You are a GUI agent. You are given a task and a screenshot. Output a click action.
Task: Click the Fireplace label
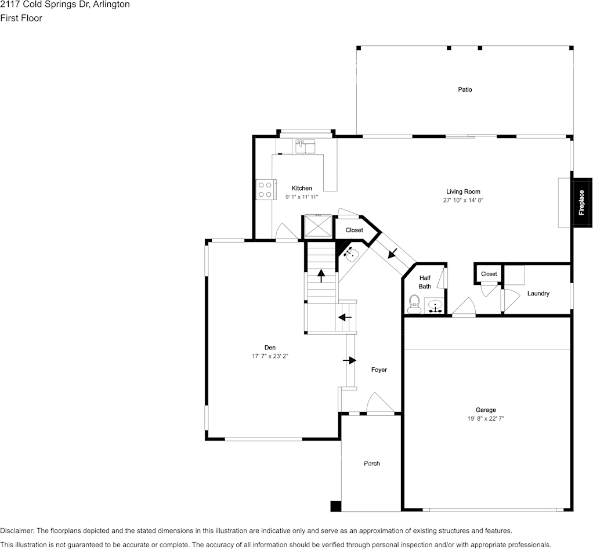(581, 203)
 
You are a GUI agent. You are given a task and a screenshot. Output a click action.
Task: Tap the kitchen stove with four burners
(265, 190)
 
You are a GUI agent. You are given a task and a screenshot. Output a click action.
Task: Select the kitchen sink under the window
(305, 146)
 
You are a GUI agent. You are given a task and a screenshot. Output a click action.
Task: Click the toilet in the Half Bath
(414, 304)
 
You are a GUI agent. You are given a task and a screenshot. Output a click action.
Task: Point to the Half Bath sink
(436, 306)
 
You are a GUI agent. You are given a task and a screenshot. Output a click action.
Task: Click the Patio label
(465, 90)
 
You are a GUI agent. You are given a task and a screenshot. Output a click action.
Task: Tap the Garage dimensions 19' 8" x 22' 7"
(486, 418)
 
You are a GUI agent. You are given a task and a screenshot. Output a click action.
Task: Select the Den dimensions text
(270, 356)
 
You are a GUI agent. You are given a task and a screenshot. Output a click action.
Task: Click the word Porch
(372, 464)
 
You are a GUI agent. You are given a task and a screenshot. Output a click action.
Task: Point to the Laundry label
(538, 294)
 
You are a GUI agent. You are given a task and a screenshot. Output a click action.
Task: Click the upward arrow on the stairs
(321, 276)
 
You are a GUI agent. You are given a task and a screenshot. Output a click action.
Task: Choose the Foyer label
(379, 370)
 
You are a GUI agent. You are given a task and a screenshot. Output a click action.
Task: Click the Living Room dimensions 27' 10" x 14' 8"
(463, 200)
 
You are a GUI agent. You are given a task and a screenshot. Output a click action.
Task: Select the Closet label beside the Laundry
(489, 274)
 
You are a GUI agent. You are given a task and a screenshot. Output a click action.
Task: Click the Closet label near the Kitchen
(355, 230)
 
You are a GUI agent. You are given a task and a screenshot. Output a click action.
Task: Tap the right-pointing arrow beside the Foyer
(350, 360)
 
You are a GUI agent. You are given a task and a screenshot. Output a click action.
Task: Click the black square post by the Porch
(335, 506)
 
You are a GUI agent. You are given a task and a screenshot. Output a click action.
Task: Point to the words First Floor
(21, 18)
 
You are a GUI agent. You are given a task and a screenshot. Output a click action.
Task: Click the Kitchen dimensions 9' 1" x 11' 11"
(302, 197)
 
